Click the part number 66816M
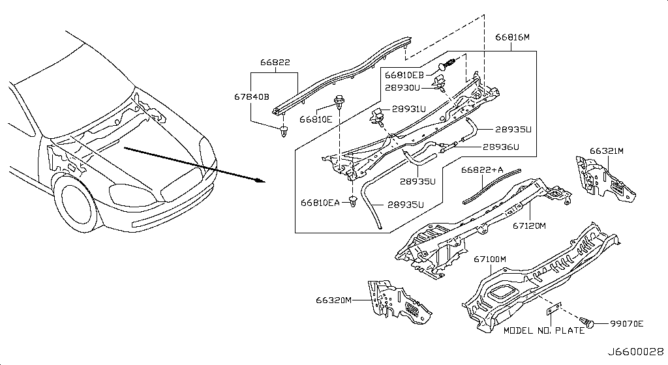point(512,37)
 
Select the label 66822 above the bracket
point(275,63)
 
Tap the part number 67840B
point(252,97)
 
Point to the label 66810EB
point(404,76)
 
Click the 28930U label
point(402,87)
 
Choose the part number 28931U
point(409,109)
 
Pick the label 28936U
point(501,147)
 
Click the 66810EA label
point(320,203)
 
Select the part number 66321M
point(607,151)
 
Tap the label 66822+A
point(482,170)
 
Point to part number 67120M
point(529,226)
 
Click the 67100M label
point(490,259)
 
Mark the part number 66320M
point(333,300)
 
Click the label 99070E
point(627,324)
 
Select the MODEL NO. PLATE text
point(544,330)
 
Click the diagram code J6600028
point(635,352)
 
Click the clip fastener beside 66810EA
point(353,201)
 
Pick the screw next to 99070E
point(586,323)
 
